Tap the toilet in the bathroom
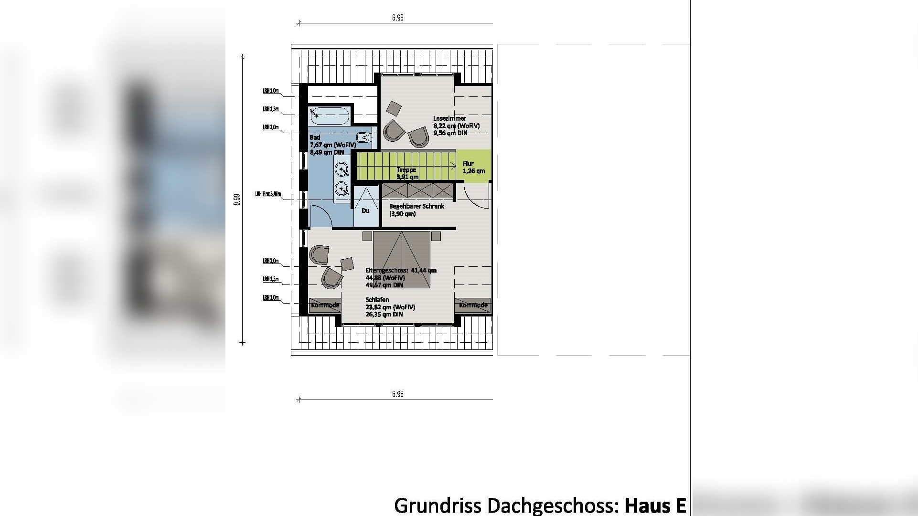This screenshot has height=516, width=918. coord(364,138)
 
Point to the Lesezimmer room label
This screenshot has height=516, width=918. coord(449,118)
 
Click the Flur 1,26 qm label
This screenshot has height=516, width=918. coord(473,167)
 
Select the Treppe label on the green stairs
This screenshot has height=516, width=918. coord(406,170)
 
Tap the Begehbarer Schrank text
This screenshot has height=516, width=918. coord(416,206)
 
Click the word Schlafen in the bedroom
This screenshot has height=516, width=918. coord(377,300)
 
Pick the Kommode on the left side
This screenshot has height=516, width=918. coord(325,305)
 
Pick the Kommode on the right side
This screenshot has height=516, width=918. coord(473,305)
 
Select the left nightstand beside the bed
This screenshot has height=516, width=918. coord(367,236)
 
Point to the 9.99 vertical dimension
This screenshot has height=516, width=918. coord(237,200)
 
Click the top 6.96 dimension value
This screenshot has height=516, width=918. coord(397,18)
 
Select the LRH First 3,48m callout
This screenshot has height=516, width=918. coord(268,195)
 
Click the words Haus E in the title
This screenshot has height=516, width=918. coord(655,505)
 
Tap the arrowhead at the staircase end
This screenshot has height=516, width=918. coord(454,166)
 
